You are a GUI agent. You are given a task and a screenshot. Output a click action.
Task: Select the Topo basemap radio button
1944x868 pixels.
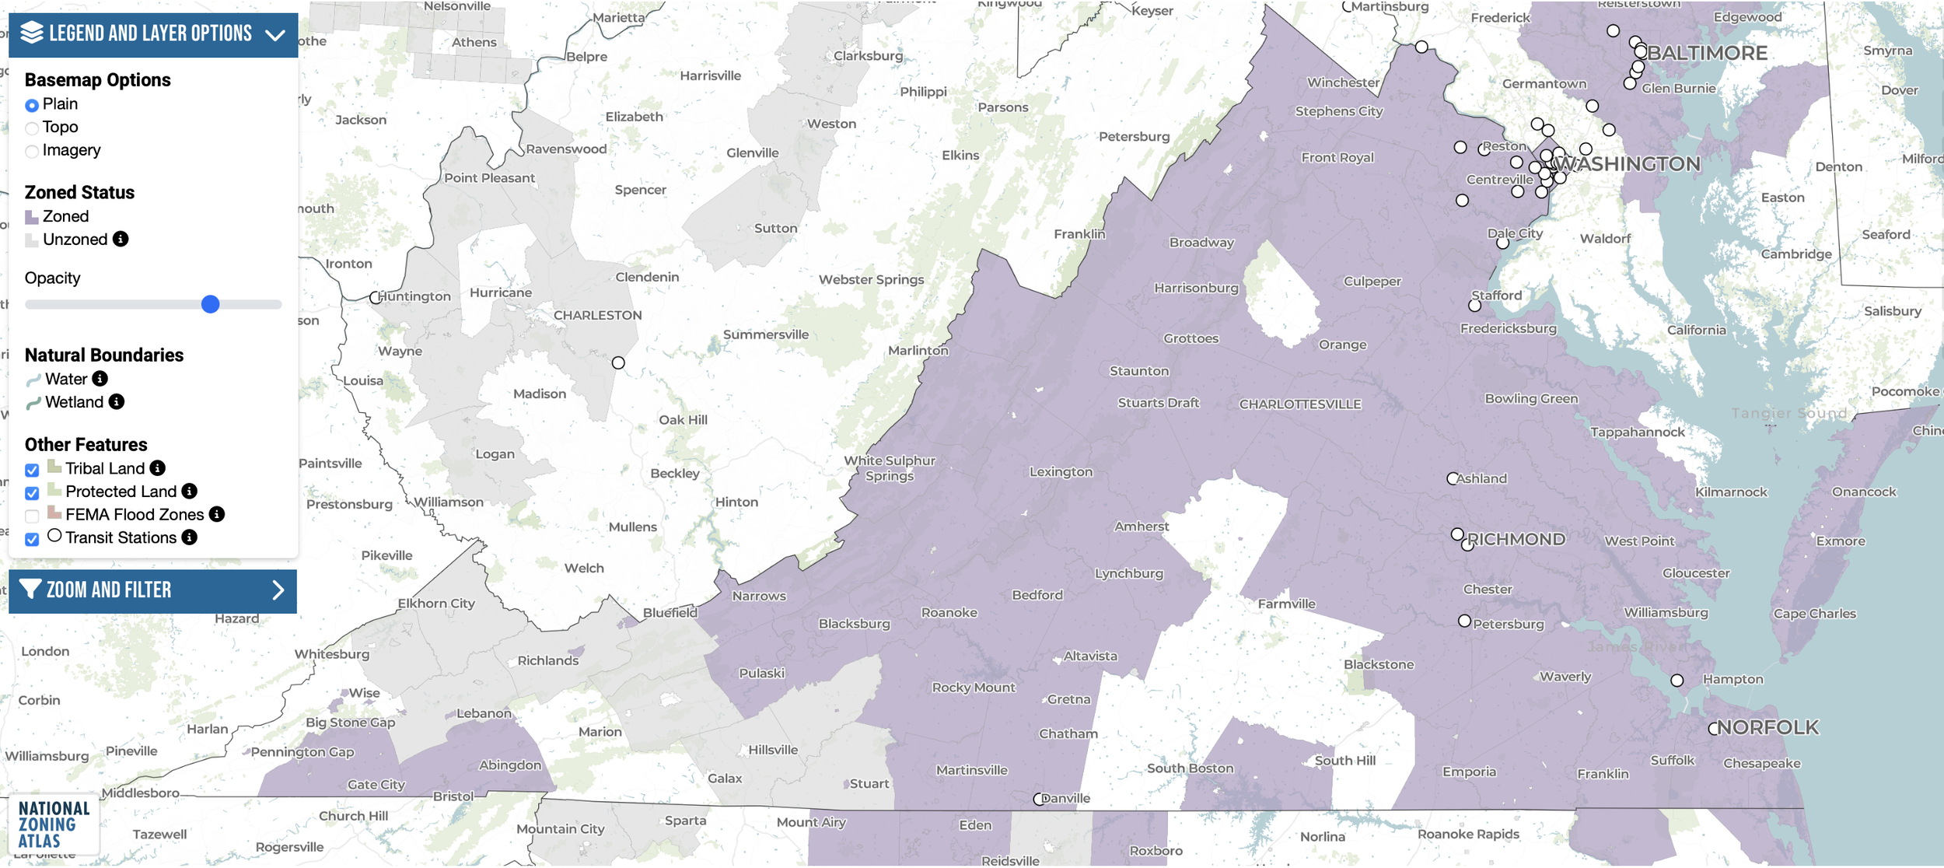pos(32,128)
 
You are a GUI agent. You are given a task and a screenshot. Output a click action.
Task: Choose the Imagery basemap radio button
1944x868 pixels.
pos(32,152)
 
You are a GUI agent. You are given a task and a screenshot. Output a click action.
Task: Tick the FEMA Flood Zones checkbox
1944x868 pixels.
pos(32,516)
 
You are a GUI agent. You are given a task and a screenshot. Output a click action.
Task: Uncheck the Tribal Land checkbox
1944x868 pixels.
pos(32,470)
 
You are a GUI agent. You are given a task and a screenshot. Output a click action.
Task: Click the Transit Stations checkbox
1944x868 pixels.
pos(32,539)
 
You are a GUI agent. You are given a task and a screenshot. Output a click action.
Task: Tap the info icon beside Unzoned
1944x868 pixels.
pos(121,239)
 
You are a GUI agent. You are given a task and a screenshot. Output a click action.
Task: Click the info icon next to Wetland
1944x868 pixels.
pos(117,401)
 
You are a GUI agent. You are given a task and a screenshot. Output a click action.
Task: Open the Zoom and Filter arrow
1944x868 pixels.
pos(278,590)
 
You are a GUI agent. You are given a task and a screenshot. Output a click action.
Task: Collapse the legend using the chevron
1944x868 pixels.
pos(275,35)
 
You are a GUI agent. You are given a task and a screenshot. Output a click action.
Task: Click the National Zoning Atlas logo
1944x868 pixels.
pos(54,824)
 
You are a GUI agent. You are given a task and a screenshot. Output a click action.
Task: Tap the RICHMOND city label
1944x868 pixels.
pos(1516,540)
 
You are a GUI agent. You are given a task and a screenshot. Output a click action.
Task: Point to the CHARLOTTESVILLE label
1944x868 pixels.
pos(1300,404)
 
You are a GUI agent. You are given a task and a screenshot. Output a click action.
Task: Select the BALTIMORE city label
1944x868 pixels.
pos(1707,53)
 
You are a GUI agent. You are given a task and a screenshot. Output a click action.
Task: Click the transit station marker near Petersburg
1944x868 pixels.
pos(1464,621)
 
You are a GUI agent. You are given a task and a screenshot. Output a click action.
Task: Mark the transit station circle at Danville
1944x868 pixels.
pos(1039,800)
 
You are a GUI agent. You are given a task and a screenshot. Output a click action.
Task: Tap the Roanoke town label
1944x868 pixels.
pos(949,613)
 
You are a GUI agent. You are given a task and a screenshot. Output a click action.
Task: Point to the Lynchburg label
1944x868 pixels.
pos(1129,574)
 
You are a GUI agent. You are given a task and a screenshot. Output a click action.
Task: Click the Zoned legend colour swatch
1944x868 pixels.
pos(32,217)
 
